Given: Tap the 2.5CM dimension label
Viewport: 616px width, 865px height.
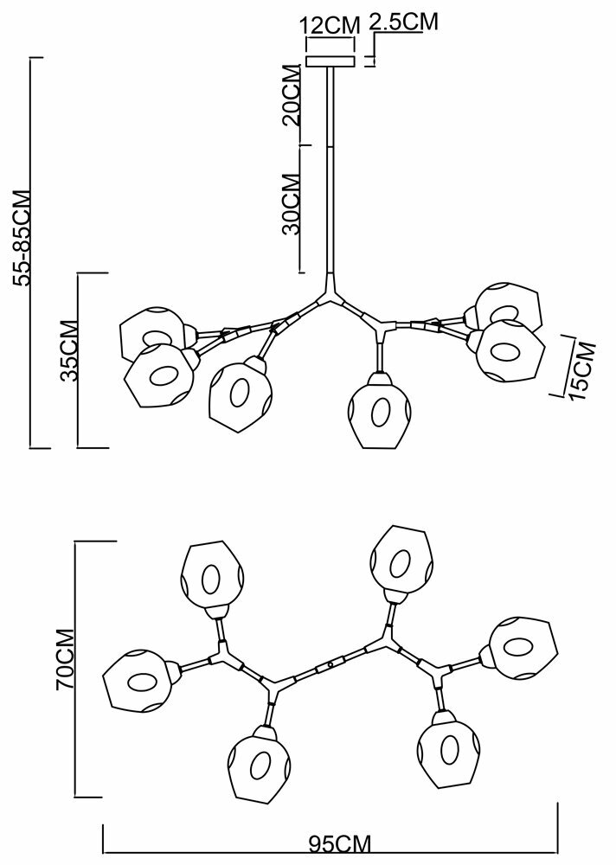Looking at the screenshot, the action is tap(402, 22).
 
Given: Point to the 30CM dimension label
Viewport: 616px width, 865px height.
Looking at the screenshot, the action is tap(292, 205).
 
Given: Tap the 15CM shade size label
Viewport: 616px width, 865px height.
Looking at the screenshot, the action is tap(586, 369).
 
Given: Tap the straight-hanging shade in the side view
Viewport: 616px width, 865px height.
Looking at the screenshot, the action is tap(377, 413).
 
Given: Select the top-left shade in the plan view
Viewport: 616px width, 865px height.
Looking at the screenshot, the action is tap(211, 574).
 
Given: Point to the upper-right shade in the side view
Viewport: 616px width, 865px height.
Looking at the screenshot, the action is tap(507, 306).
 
